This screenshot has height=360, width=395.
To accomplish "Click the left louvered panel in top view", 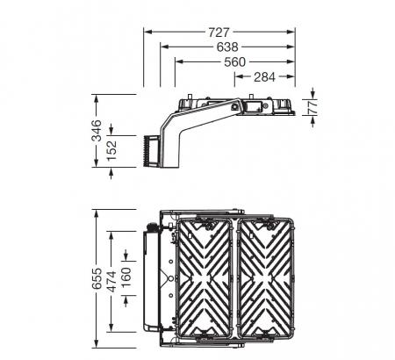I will [x=207, y=277].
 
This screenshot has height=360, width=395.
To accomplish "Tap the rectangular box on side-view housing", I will [x=253, y=105].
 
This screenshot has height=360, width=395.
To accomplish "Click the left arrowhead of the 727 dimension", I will [x=147, y=31].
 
